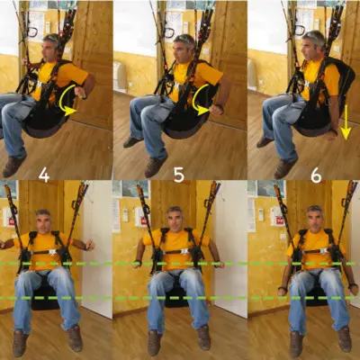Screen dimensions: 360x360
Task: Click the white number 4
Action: (44, 176)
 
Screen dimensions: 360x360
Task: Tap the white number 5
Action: (179, 176)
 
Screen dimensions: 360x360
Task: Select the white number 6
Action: (316, 176)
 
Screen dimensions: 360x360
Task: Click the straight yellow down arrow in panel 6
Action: (346, 122)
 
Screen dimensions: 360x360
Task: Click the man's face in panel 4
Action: (48, 51)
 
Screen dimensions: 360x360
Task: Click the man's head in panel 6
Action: (312, 45)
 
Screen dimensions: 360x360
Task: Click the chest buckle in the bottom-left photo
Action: (52, 252)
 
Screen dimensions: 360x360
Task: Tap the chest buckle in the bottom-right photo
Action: (323, 250)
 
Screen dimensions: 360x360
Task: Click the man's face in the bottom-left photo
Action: (43, 222)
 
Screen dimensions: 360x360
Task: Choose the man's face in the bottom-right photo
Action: (314, 219)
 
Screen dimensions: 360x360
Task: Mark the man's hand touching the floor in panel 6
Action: (331, 134)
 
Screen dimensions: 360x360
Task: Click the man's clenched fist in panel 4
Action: (80, 92)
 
